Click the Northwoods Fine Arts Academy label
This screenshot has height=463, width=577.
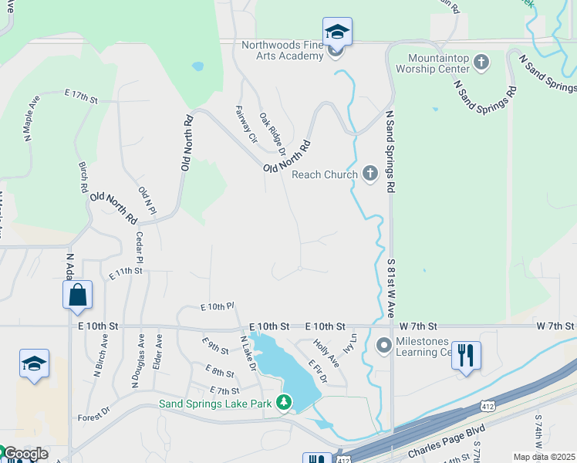click(x=282, y=50)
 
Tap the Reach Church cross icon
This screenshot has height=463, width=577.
click(x=370, y=174)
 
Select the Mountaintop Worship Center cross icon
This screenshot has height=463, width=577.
click(x=481, y=62)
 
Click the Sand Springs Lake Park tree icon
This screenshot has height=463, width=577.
click(x=285, y=402)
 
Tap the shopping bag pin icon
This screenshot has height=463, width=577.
click(x=77, y=296)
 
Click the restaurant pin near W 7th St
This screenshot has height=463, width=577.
click(x=466, y=356)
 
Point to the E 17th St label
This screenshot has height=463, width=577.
click(x=80, y=98)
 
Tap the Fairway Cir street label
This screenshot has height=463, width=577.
click(x=246, y=125)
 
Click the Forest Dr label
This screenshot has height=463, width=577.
click(x=95, y=417)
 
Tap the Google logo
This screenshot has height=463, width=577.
click(x=25, y=454)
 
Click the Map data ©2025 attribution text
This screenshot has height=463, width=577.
click(x=544, y=457)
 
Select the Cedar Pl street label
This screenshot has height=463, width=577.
click(x=140, y=248)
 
